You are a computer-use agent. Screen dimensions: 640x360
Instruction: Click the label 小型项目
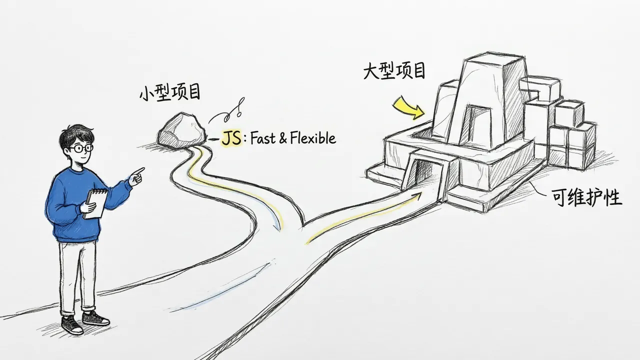tap(170, 92)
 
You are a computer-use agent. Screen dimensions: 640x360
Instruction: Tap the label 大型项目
tap(394, 70)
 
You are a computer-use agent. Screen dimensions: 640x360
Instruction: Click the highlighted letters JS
tap(231, 138)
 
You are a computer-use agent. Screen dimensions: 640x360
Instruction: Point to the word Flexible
tap(313, 138)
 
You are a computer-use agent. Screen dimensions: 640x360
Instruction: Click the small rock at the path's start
tap(181, 130)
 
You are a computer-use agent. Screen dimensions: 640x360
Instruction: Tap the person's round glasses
tap(81, 148)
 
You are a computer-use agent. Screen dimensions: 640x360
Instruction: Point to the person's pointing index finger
tap(139, 171)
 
